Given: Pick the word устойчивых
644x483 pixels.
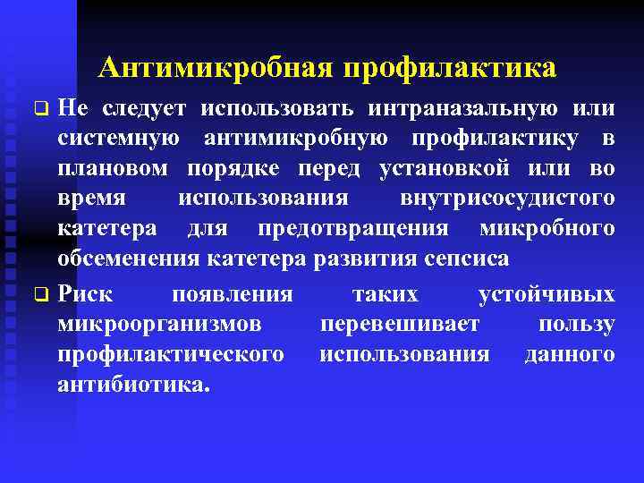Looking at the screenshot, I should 547,294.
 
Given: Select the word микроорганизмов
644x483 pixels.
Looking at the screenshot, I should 159,325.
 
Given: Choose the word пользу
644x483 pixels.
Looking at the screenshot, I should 577,325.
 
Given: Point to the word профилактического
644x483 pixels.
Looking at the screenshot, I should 171,355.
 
